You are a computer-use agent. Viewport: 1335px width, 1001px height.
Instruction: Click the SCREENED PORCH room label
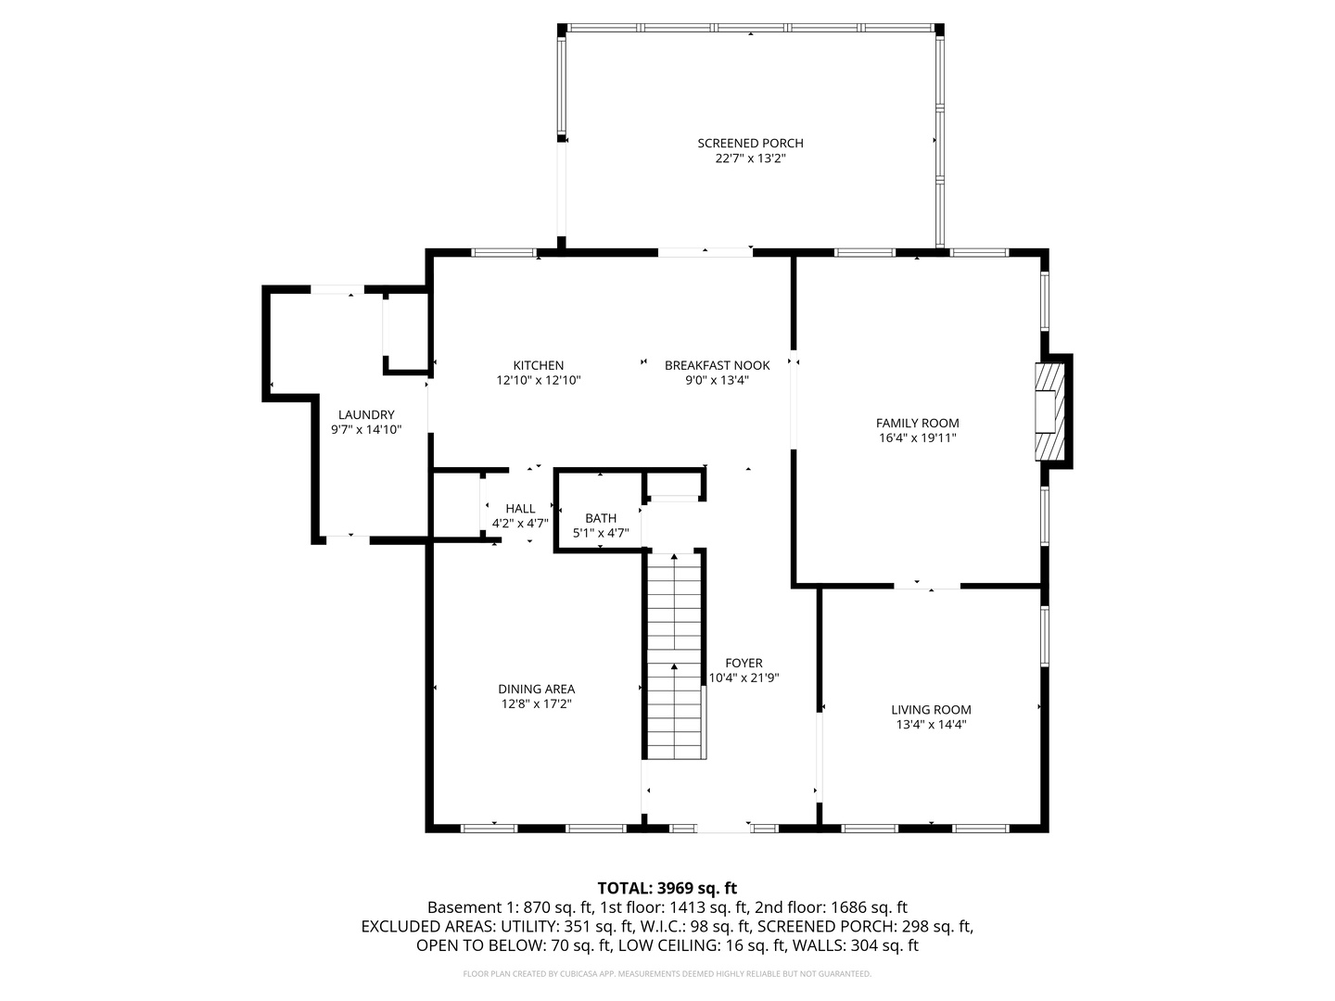point(750,143)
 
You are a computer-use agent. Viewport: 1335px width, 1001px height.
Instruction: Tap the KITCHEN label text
point(538,365)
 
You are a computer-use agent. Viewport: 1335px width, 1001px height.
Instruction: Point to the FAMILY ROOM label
point(917,423)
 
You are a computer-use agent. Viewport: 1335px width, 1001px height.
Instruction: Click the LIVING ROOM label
point(931,710)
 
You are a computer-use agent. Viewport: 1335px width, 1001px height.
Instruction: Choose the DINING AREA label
point(536,689)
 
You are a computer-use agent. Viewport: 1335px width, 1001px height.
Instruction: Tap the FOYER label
point(744,663)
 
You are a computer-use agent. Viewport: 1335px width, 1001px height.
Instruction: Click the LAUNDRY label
point(365,414)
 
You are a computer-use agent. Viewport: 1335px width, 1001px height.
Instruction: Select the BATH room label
point(600,518)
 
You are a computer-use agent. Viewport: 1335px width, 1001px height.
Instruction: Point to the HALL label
point(520,508)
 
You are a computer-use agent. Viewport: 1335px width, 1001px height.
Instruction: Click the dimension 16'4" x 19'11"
point(917,438)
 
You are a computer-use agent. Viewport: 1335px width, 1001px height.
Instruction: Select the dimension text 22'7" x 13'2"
point(750,158)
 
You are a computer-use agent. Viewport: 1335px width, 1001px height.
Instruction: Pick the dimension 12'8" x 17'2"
point(536,704)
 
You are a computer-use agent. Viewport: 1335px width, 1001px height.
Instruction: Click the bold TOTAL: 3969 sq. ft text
point(667,888)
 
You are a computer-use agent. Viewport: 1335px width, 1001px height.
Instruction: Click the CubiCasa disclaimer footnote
point(667,974)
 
